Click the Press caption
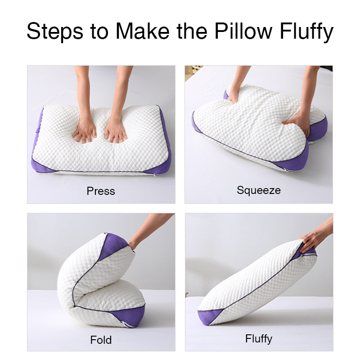click(101, 191)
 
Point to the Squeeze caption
click(259, 190)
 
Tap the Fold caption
click(101, 340)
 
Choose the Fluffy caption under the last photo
click(259, 338)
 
